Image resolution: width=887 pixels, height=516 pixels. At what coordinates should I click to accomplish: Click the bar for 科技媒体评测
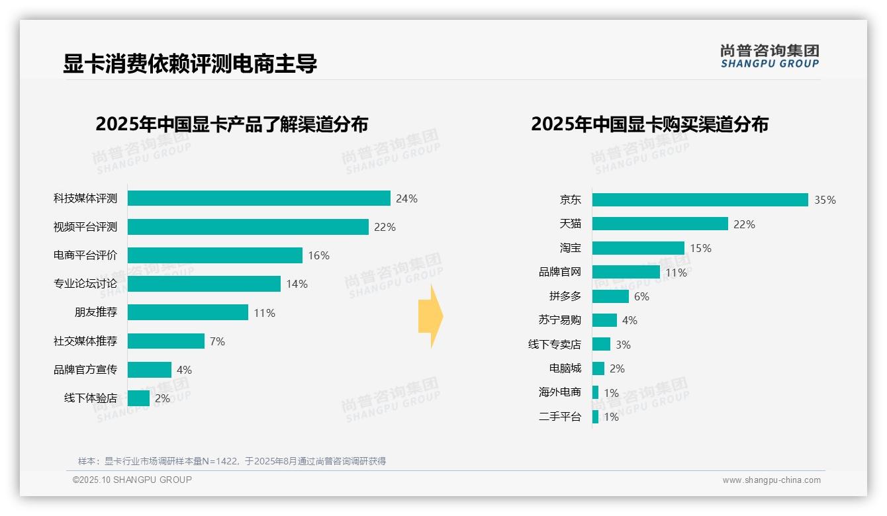point(259,198)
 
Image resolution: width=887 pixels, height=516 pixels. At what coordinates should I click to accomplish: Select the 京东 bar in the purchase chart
point(700,200)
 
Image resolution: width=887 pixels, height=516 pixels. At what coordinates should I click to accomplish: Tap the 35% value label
point(825,200)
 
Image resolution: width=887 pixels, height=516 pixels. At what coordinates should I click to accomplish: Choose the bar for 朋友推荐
point(187,312)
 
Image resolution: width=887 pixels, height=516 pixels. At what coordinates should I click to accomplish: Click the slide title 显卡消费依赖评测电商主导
point(190,64)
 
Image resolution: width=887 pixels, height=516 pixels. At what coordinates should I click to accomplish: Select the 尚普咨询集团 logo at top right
point(769,56)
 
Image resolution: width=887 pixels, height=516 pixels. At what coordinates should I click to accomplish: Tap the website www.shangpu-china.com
point(771,480)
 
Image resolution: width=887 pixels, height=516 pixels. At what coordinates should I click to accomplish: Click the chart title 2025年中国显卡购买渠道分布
point(649,124)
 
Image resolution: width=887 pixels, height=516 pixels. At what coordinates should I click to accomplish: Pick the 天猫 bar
point(660,224)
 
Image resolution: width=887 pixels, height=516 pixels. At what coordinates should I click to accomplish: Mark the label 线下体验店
point(90,398)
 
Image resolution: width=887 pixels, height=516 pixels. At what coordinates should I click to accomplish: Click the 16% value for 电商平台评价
point(318,255)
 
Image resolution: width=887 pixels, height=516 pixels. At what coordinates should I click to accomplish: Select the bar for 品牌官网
point(626,272)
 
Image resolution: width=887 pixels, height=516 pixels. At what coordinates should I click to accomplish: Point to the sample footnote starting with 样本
point(232,461)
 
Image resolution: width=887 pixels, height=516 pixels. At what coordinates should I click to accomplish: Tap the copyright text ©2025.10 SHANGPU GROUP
point(132,480)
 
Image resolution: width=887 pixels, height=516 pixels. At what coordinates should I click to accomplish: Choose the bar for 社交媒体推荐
point(165,341)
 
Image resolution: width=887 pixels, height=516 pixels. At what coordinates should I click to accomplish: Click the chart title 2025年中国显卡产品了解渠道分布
point(232,124)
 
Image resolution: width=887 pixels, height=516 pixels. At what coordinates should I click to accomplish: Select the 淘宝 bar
point(638,248)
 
